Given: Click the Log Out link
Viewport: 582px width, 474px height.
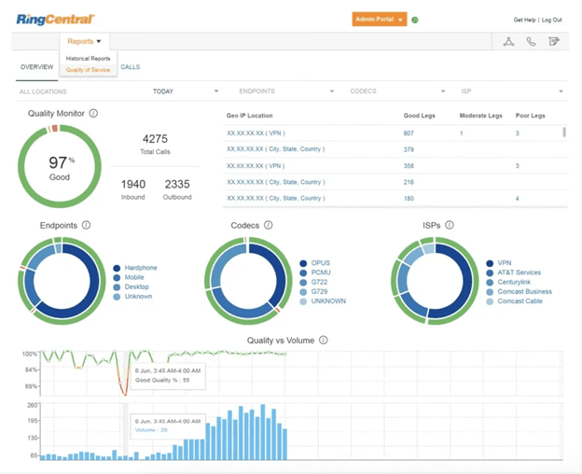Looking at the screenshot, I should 552,20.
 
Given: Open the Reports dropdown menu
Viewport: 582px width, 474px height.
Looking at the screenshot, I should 84,41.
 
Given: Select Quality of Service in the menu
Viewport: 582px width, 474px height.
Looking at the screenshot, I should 88,70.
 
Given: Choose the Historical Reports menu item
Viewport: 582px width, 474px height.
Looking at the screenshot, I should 88,59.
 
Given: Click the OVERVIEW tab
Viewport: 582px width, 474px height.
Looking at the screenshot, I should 37,67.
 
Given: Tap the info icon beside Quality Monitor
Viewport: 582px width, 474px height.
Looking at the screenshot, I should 93,114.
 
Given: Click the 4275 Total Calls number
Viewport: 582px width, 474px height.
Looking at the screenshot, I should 155,139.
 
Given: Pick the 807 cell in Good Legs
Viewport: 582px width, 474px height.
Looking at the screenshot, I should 409,133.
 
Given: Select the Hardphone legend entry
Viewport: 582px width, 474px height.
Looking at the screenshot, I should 141,268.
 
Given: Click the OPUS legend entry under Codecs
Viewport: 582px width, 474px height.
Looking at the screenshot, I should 320,264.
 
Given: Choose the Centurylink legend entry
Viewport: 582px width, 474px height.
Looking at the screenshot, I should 517,282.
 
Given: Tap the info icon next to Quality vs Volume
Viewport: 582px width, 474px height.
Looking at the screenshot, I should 324,341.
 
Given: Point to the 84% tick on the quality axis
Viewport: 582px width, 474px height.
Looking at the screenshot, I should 30,369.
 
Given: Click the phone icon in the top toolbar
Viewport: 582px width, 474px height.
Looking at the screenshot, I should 531,41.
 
